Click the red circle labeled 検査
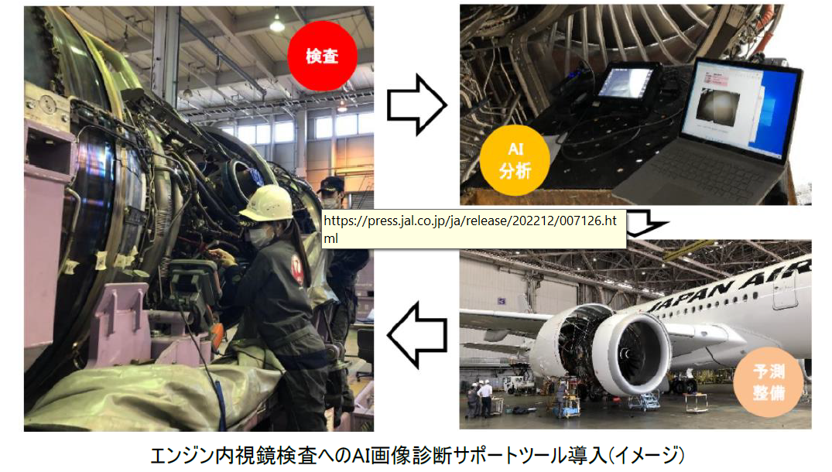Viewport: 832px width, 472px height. point(322,56)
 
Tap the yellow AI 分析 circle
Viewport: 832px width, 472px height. point(515,159)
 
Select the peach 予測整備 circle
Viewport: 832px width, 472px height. point(769,381)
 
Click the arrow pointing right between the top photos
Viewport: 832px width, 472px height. point(416,104)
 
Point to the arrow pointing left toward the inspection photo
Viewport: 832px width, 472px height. point(417,335)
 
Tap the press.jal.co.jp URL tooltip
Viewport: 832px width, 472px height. point(474,229)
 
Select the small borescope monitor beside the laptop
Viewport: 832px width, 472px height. point(627,82)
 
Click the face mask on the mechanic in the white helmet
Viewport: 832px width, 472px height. point(259,238)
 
